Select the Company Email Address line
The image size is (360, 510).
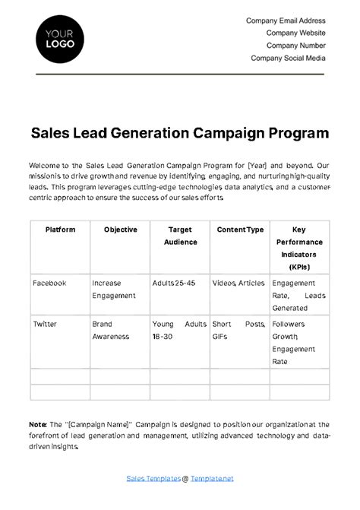point(286,21)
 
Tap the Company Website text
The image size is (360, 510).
point(295,33)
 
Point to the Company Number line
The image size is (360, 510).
point(295,45)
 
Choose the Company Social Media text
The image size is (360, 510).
point(288,58)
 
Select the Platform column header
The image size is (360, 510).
point(60,230)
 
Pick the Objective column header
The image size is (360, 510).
point(120,230)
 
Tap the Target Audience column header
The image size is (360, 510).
point(180,236)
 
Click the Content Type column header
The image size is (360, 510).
point(240,230)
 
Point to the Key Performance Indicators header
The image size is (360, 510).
point(299,248)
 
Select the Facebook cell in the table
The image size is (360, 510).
point(49,283)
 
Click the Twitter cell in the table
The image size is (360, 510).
point(45,324)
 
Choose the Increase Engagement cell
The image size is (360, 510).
point(114,289)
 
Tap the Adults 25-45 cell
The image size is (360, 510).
point(173,283)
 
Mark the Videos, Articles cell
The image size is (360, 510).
point(238,283)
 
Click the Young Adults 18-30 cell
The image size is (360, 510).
point(179,330)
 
